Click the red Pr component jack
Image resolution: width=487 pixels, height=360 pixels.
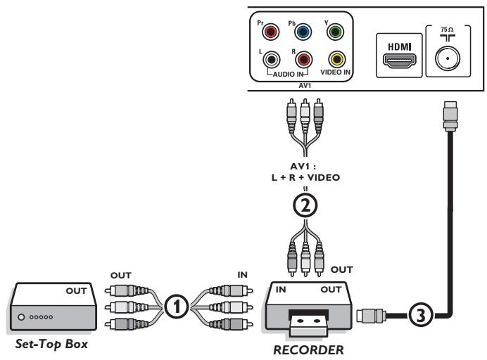[270, 32]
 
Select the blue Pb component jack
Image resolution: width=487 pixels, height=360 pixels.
[303, 32]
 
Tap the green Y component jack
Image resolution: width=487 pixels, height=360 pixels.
[335, 32]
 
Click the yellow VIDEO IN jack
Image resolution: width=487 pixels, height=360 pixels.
[337, 59]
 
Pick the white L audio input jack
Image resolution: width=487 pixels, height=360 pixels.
[272, 60]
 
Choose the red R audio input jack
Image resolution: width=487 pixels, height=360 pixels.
[303, 60]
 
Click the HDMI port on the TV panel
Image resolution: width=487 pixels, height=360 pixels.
[400, 61]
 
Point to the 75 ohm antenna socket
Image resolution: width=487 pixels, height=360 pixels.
[448, 58]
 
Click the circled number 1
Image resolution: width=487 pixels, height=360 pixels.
[177, 307]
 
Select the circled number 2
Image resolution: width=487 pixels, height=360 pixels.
[305, 205]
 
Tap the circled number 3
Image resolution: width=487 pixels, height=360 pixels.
[421, 316]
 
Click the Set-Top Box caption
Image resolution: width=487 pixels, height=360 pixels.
[51, 345]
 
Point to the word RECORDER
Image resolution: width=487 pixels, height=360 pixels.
[308, 350]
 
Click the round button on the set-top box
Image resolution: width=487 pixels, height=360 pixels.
[21, 317]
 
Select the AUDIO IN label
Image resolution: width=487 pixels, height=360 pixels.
[288, 75]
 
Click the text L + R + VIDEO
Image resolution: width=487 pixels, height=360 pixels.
[305, 177]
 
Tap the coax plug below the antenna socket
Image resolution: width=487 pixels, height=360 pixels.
[450, 115]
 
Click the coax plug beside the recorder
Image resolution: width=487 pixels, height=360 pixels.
[372, 316]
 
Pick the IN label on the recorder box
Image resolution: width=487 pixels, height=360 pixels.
[281, 290]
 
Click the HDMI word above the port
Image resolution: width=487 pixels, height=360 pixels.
[400, 47]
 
